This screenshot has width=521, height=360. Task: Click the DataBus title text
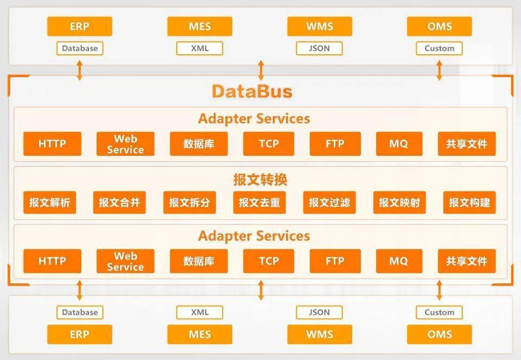pos(252,91)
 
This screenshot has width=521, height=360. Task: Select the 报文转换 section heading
pos(260,180)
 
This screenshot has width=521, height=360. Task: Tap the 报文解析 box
pos(49,203)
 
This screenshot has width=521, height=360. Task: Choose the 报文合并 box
pos(119,203)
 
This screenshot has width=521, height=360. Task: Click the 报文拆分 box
pos(189,203)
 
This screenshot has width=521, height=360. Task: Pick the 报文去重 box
pos(259,203)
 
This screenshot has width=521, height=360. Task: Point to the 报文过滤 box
pos(329,203)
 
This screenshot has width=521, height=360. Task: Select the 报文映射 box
pos(399,203)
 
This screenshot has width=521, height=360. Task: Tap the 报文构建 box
pos(469,203)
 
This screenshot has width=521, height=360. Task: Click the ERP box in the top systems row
pos(80,26)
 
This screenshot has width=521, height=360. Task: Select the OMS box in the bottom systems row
pos(439,334)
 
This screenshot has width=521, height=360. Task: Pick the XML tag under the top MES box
pos(200,48)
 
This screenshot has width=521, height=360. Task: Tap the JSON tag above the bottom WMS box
pos(319,312)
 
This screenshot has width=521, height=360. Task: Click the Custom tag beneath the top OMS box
pos(439,48)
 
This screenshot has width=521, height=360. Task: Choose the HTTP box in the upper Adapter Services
pos(52,143)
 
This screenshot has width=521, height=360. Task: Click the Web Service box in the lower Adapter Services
pos(125,261)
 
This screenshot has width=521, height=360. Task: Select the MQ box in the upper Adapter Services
pos(399,143)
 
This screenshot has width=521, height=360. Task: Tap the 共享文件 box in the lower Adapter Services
pos(467,261)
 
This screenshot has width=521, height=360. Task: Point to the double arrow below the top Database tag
pos(79,70)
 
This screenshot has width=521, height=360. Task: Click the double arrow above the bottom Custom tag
pos(439,290)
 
